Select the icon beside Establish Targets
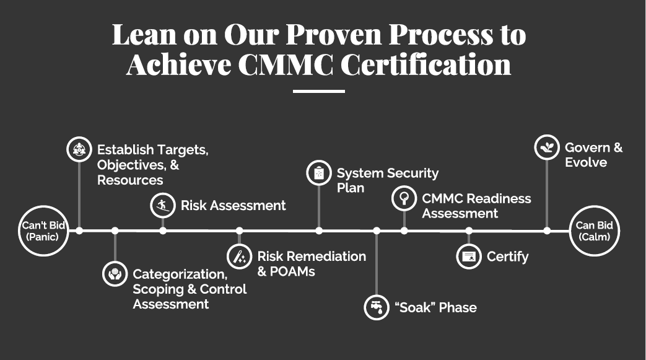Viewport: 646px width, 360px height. (x=79, y=149)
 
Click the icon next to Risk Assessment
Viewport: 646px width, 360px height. (x=163, y=205)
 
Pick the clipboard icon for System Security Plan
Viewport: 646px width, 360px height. (x=319, y=173)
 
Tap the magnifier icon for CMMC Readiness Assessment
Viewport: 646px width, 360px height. (x=404, y=198)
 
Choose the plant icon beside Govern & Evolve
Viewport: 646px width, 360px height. (x=547, y=147)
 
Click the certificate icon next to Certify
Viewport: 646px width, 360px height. (x=469, y=257)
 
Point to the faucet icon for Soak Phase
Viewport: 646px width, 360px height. (x=377, y=307)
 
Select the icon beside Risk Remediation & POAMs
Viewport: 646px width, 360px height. (x=239, y=256)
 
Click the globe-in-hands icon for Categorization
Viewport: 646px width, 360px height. (x=115, y=273)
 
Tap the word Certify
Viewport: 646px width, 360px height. (x=508, y=257)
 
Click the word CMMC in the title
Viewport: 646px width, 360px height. (x=286, y=64)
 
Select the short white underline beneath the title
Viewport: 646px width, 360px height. (x=319, y=91)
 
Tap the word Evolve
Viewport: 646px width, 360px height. (x=586, y=162)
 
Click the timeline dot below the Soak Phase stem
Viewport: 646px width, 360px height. (x=377, y=231)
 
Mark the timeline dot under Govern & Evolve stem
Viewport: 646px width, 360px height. (x=547, y=231)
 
